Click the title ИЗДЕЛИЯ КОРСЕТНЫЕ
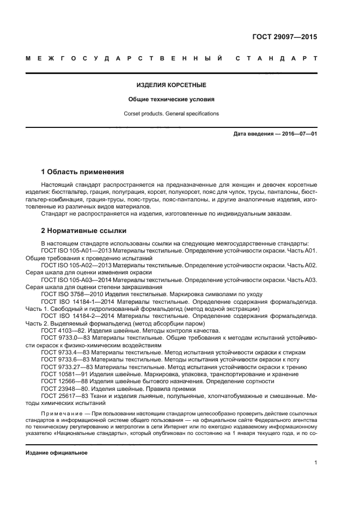pyautogui.click(x=171, y=85)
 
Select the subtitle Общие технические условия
pyautogui.click(x=171, y=100)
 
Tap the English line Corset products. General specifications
pyautogui.click(x=171, y=114)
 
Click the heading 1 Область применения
pyautogui.click(x=83, y=172)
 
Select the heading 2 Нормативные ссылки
pyautogui.click(x=84, y=230)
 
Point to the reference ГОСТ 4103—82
pyautogui.click(x=61, y=330)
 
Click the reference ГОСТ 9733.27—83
pyautogui.click(x=65, y=367)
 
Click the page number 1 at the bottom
pyautogui.click(x=315, y=463)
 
